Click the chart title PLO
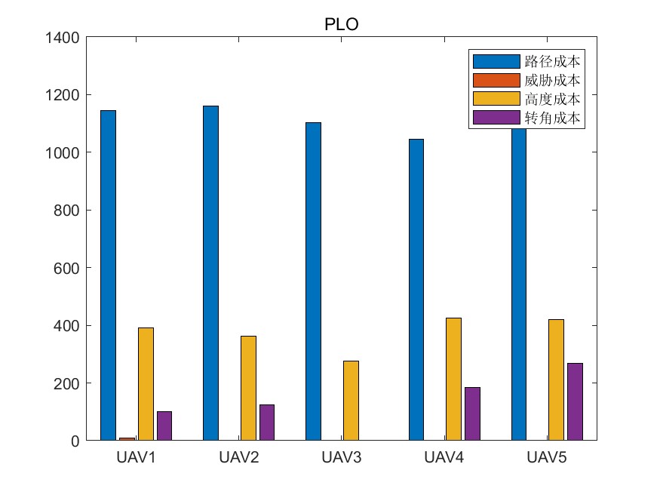coord(341,24)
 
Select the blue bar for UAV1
coord(109,275)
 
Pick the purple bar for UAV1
coord(164,426)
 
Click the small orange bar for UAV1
coord(127,438)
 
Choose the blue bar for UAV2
coord(210,273)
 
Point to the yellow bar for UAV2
coord(248,388)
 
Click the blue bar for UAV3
coord(313,281)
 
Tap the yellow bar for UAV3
coord(351,401)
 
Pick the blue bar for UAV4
coord(416,290)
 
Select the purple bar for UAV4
coord(472,414)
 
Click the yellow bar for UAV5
coord(556,380)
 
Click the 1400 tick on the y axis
coord(64,37)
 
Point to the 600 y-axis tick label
coord(68,268)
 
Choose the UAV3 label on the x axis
coord(341,458)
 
